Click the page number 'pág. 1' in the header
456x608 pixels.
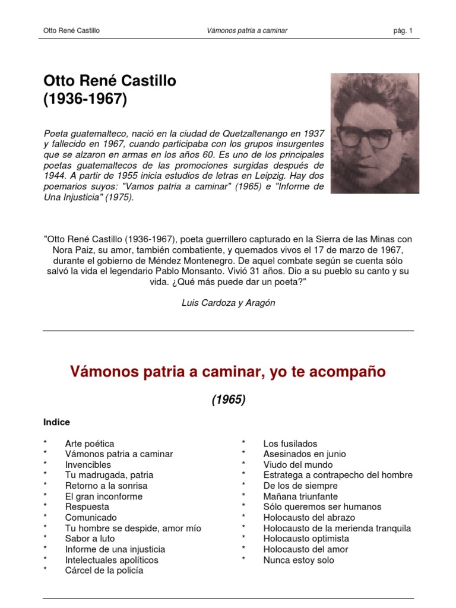pos(402,30)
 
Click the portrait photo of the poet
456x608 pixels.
pos(375,133)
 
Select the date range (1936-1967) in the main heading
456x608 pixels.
pos(85,100)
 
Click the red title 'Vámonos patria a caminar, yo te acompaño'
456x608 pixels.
pos(228,372)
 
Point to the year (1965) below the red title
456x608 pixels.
pos(228,400)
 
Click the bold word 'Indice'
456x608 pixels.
pos(56,422)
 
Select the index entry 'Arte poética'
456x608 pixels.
pos(90,444)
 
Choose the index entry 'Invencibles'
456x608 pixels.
pos(88,464)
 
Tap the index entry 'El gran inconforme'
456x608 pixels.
pos(104,496)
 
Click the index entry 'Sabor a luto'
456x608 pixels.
pos(89,539)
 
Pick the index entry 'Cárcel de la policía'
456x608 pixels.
pos(104,571)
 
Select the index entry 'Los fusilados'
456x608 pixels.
pos(290,444)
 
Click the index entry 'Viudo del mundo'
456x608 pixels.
pos(298,464)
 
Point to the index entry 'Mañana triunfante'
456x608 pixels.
pos(300,496)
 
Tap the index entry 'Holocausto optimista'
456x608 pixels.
pos(306,539)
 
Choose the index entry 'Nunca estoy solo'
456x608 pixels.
pos(299,560)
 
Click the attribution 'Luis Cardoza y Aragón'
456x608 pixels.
pos(228,303)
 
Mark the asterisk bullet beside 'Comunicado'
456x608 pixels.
pos(45,518)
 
